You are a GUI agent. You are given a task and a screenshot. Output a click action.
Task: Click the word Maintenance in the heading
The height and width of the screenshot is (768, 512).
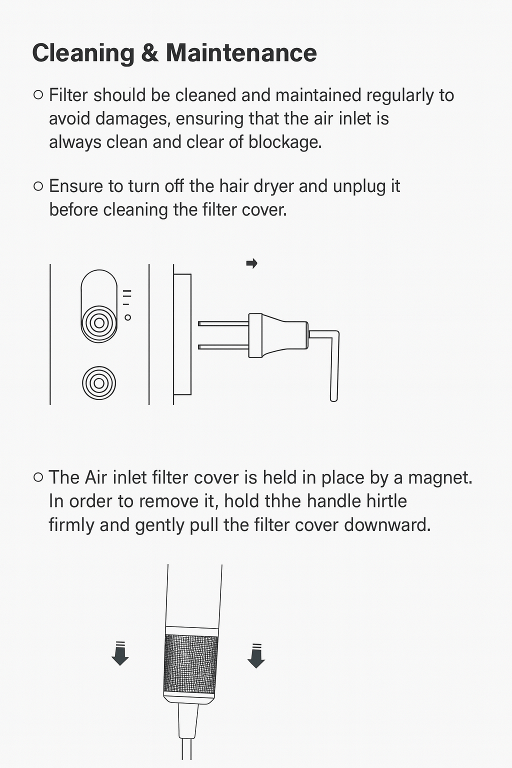coord(241,53)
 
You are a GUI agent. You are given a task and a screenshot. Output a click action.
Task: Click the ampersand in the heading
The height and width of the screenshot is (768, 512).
coord(150,53)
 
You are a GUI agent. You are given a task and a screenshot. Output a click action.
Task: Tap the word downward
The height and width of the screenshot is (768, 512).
coord(387,525)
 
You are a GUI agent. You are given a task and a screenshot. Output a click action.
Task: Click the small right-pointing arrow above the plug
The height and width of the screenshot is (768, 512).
coord(251,263)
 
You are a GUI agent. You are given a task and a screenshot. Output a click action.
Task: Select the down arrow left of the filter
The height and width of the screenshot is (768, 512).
coord(120,653)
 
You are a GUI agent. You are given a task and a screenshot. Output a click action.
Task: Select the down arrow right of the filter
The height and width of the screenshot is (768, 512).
coord(256,656)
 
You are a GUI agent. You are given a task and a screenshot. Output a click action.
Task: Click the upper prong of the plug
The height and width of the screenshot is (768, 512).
coord(223,323)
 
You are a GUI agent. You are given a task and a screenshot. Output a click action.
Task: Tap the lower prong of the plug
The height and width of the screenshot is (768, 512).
coord(223,347)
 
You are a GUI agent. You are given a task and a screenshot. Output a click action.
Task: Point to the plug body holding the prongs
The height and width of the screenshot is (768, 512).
coord(278,335)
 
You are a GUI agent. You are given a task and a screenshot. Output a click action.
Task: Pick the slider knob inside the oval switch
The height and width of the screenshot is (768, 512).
coord(99,323)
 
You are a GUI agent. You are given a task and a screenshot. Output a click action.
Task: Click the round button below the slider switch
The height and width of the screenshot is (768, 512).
coord(99,383)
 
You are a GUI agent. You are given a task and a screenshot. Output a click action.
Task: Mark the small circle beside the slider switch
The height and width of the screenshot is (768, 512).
coord(127,317)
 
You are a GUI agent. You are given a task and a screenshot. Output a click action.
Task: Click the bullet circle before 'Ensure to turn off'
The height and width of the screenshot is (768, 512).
coord(38,186)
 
